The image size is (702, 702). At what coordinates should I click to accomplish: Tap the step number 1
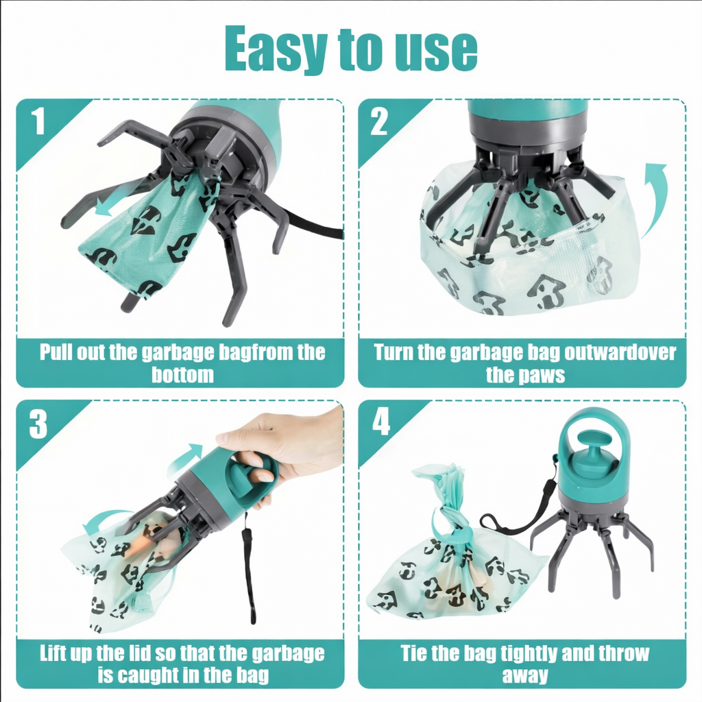38,123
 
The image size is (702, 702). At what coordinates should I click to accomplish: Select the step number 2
379,123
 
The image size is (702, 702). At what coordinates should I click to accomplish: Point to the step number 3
38,425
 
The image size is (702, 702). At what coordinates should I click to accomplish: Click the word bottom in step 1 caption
182,375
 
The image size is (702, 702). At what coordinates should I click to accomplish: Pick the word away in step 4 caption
524,675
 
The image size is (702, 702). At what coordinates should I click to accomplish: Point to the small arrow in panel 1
112,202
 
